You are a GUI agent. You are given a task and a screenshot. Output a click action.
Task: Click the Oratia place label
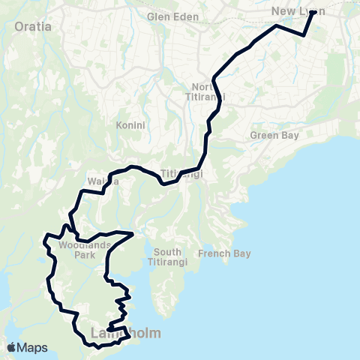pos(33,27)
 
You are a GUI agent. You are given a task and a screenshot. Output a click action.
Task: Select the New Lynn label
pos(298,10)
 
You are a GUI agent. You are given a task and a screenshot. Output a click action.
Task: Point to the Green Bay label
pos(274,136)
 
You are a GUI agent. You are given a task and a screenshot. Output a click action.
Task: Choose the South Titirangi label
pos(173,257)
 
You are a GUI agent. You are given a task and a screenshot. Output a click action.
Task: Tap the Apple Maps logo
pos(27,347)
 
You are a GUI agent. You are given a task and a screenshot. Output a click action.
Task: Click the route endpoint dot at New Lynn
pos(312,13)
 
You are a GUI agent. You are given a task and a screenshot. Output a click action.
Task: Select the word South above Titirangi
pos(166,252)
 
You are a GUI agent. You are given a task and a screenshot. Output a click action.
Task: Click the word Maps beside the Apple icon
pos(32,347)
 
